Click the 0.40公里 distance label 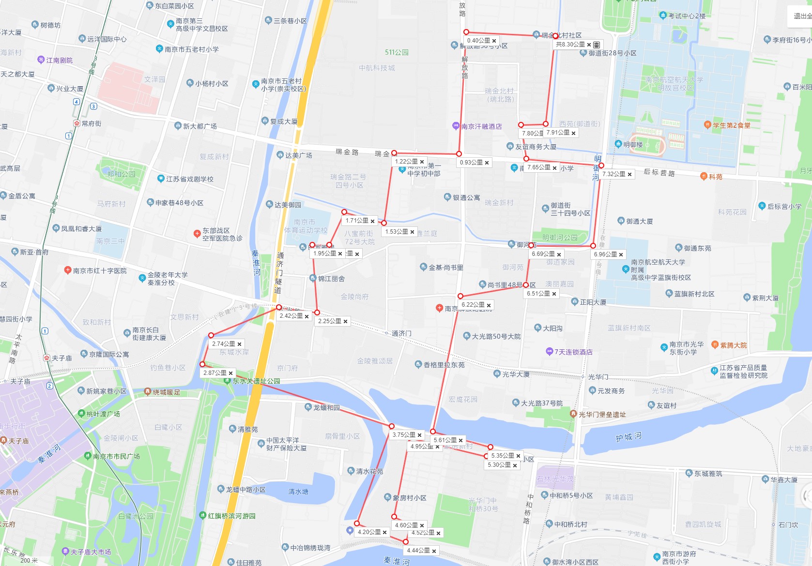pos(478,41)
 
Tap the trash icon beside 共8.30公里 pos(597,45)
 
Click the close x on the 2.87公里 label pos(231,373)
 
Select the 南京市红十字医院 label pos(100,271)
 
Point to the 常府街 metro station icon pos(77,123)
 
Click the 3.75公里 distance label pos(403,435)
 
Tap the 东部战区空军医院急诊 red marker pos(197,234)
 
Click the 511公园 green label pos(397,52)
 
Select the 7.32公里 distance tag pos(613,174)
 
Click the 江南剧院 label pos(59,60)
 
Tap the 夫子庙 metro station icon pos(46,358)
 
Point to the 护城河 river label pos(628,437)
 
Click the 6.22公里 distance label pos(473,305)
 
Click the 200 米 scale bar pos(29,561)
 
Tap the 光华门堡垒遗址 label pos(602,415)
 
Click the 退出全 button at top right pos(801,16)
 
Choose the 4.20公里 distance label pos(369,532)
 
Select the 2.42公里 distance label pos(291,316)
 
